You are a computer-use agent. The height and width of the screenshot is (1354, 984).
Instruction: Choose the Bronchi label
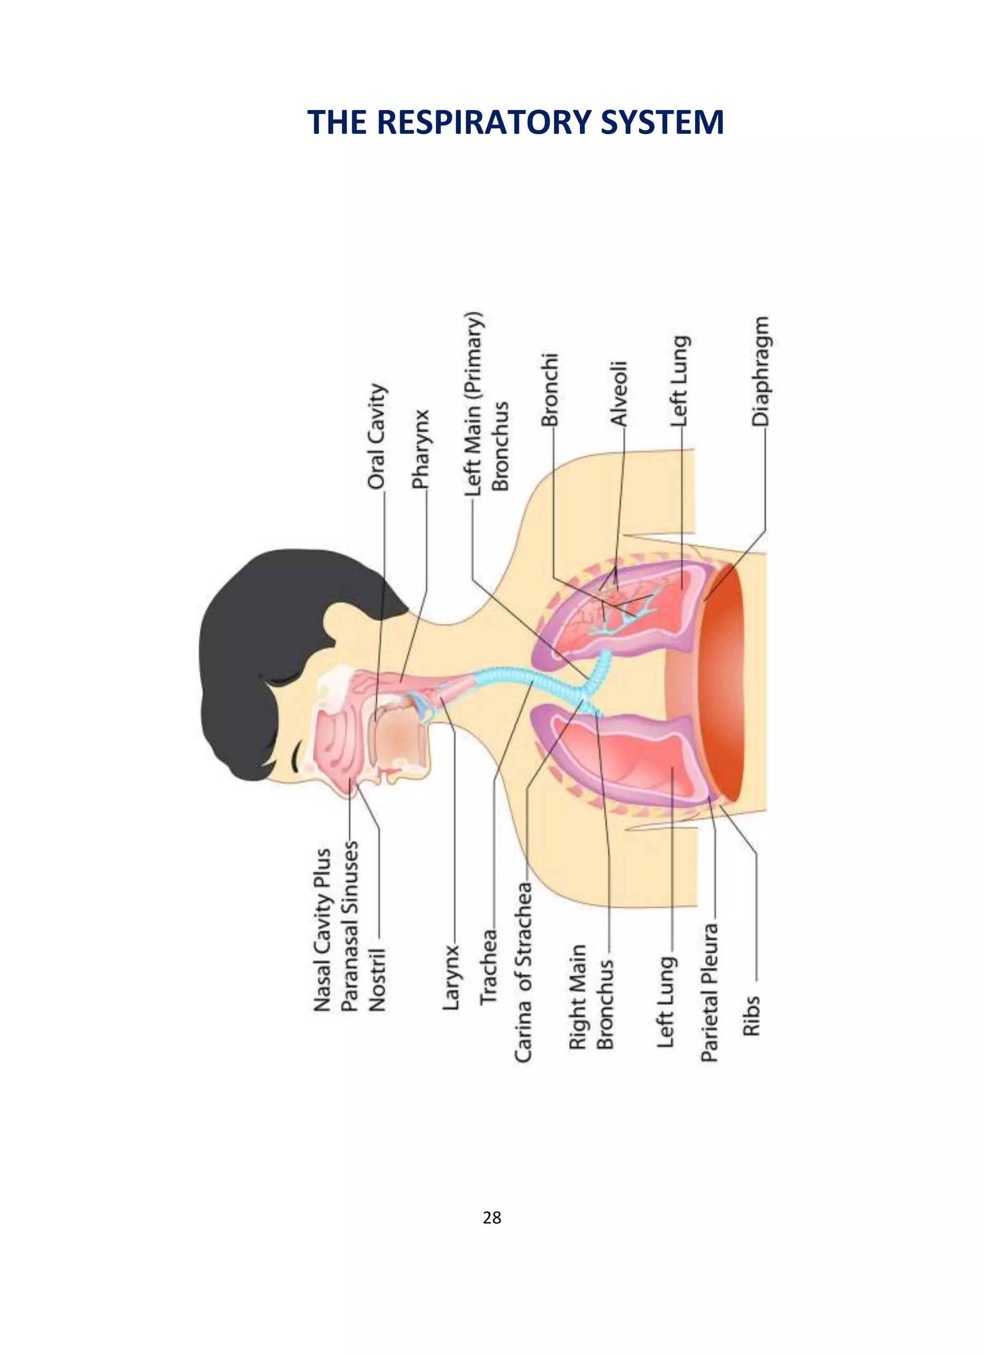tap(549, 389)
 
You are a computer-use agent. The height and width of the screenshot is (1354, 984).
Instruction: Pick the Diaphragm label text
tap(760, 371)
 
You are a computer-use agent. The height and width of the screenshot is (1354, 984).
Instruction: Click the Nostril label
tap(377, 979)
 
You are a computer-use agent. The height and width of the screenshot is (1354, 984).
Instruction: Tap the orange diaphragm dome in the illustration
tap(722, 680)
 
